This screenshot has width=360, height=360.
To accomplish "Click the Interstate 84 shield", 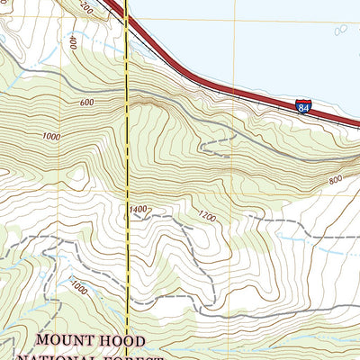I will click(x=302, y=107).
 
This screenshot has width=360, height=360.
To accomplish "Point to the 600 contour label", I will click(x=86, y=103).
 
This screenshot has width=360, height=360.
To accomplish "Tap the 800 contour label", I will click(x=336, y=180).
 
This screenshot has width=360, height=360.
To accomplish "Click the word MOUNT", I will click(x=71, y=341).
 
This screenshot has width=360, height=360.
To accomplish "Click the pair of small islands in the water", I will click(x=341, y=29).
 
